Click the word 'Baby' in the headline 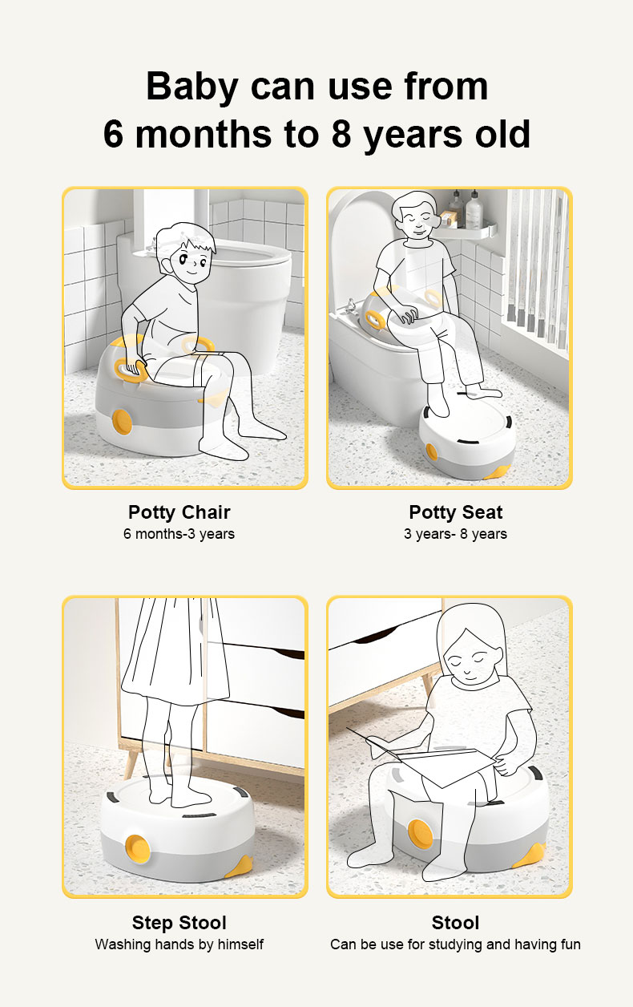coord(192,87)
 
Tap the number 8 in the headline coord(341,134)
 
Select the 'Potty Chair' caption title coord(179,512)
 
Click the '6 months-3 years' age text coord(179,534)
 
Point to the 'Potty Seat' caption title coord(456,512)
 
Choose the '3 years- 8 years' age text coord(456,534)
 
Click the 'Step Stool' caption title coord(179,923)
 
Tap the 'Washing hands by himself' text coord(179,944)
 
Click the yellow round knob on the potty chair coord(122,422)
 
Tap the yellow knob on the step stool coord(138,847)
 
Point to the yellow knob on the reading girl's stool coord(421,832)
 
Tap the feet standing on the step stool coord(179,796)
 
